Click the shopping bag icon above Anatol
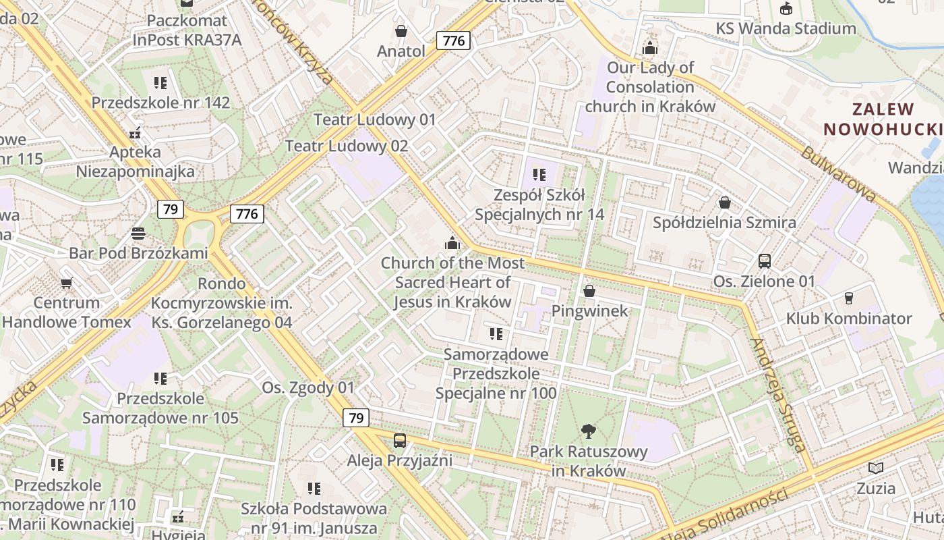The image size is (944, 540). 401,31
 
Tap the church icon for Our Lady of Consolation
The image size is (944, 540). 650,47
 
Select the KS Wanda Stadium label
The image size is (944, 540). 786,28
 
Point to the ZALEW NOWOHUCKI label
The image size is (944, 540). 882,119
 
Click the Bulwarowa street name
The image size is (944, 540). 839,173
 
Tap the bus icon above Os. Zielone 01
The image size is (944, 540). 765,261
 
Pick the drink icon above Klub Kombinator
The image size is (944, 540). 849,298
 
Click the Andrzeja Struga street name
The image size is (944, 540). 777,394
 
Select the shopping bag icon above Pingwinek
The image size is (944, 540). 589,291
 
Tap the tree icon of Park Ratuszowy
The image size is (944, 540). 589,431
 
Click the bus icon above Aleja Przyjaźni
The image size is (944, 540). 400,441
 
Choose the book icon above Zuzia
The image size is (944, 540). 876,468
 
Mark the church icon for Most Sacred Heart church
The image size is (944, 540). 452,242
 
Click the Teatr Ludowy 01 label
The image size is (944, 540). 375,119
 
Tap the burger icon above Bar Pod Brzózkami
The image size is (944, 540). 138,234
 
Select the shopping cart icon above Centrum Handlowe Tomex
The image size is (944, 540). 66,283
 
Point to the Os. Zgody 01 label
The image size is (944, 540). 307,387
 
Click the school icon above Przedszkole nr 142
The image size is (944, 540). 160,83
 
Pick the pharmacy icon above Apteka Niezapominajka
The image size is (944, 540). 136,132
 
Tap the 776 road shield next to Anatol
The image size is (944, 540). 453,40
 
